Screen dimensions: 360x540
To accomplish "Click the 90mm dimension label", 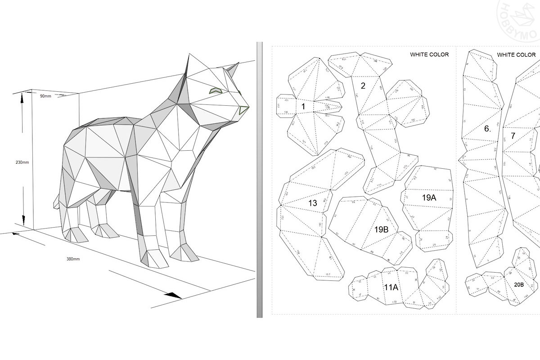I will pyautogui.click(x=45, y=96).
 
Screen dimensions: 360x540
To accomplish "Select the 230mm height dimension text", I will pyautogui.click(x=22, y=162).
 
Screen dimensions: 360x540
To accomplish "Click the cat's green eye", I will pyautogui.click(x=216, y=90).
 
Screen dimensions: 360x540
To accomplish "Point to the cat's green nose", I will pyautogui.click(x=243, y=110).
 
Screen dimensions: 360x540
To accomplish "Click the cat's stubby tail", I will pyautogui.click(x=56, y=202).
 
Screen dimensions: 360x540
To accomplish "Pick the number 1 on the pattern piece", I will pyautogui.click(x=303, y=107).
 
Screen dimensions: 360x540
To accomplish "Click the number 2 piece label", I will pyautogui.click(x=363, y=85).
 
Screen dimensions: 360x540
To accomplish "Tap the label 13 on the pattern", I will pyautogui.click(x=312, y=203).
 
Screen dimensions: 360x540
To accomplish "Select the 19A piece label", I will pyautogui.click(x=429, y=198).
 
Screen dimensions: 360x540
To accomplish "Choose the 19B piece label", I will pyautogui.click(x=382, y=229).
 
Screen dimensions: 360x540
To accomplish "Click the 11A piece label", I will pyautogui.click(x=391, y=287).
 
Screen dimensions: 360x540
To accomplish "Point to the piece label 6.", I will pyautogui.click(x=487, y=129).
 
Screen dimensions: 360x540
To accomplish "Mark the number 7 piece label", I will pyautogui.click(x=513, y=135).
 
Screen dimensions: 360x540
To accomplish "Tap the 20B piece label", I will pyautogui.click(x=518, y=285).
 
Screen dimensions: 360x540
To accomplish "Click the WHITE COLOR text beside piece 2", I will pyautogui.click(x=429, y=55).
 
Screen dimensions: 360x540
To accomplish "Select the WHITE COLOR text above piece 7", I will pyautogui.click(x=516, y=55).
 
